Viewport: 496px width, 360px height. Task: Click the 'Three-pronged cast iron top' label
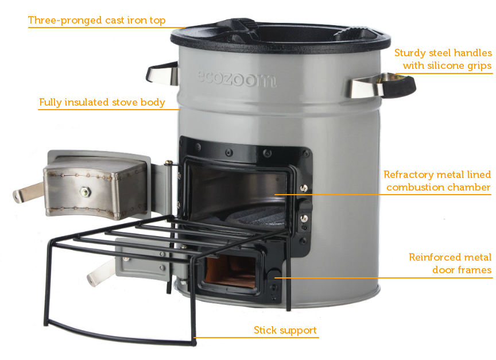pyautogui.click(x=96, y=21)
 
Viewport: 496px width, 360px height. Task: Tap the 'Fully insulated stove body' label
pyautogui.click(x=102, y=103)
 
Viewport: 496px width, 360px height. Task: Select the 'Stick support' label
pyautogui.click(x=285, y=330)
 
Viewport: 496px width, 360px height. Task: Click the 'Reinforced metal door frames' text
pyautogui.click(x=450, y=264)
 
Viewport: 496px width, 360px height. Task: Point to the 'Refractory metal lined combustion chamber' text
pyautogui.click(x=437, y=181)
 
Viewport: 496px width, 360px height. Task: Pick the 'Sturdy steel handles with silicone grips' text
pyautogui.click(x=443, y=59)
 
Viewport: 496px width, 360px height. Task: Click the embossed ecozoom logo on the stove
pyautogui.click(x=236, y=79)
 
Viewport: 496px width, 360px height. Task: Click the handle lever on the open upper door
pyautogui.click(x=28, y=193)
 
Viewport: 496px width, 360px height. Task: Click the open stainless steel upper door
pyautogui.click(x=92, y=184)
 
